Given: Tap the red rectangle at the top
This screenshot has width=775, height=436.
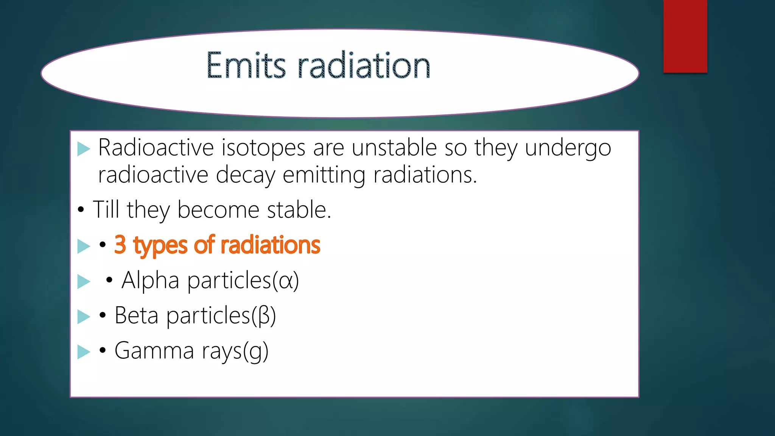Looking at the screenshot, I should pyautogui.click(x=685, y=36).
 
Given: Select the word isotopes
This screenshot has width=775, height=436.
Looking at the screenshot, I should pyautogui.click(x=263, y=148).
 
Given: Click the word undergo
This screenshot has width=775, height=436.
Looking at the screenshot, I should pyautogui.click(x=568, y=148).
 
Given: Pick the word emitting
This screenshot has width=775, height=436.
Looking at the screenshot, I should pyautogui.click(x=324, y=176).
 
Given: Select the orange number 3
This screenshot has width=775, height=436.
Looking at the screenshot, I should pyautogui.click(x=120, y=245).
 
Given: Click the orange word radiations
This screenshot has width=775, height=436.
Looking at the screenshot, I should pyautogui.click(x=270, y=245).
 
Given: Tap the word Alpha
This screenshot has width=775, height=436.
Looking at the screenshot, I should pyautogui.click(x=150, y=281).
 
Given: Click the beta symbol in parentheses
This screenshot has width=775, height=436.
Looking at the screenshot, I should pyautogui.click(x=264, y=316).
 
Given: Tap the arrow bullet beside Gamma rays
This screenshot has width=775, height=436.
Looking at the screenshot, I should pyautogui.click(x=83, y=352).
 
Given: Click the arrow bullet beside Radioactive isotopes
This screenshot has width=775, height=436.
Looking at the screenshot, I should pyautogui.click(x=83, y=149).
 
